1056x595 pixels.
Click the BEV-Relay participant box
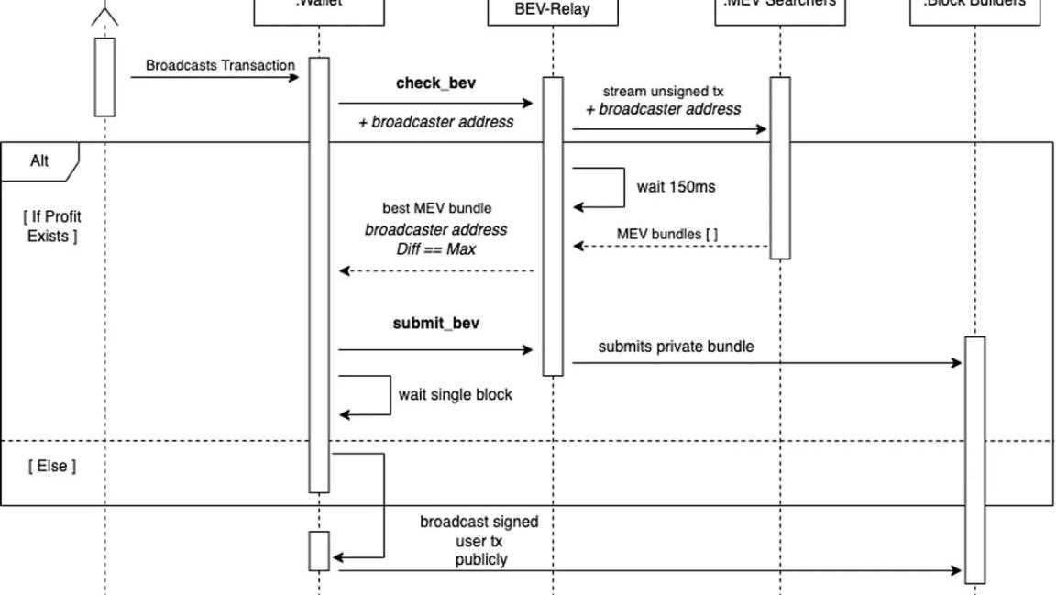[552, 12]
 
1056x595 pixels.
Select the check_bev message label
[435, 83]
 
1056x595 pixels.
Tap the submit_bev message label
[436, 324]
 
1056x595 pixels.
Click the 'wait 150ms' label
[676, 187]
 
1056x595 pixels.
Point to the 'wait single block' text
[455, 395]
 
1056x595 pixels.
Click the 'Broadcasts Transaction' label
[220, 66]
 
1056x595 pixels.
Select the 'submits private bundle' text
[676, 347]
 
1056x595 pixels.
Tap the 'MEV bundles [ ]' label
[667, 235]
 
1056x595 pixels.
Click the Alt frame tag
[39, 161]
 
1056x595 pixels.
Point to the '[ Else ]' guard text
[52, 466]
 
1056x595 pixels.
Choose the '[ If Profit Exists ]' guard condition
[52, 226]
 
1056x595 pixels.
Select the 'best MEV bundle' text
[436, 209]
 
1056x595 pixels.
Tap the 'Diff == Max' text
[436, 248]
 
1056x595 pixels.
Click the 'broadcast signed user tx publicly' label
[479, 540]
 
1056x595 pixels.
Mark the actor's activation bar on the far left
[104, 77]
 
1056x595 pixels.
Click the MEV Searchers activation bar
[779, 168]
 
